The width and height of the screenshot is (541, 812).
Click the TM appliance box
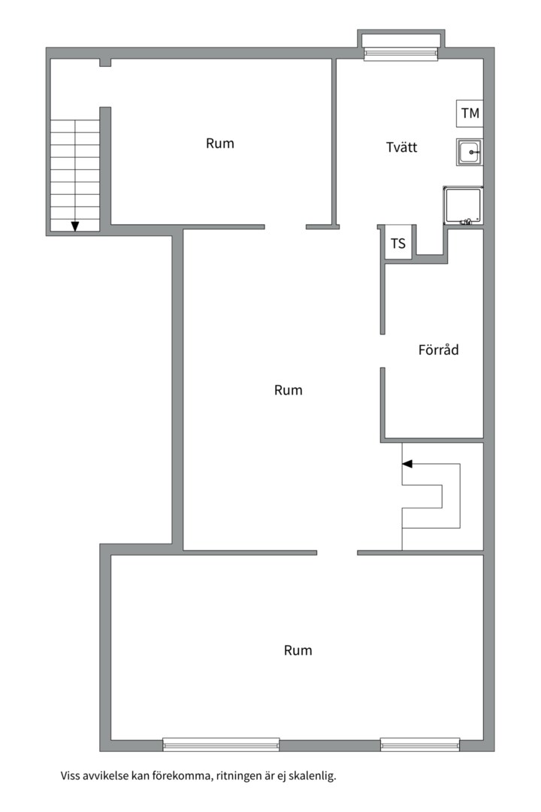tap(470, 114)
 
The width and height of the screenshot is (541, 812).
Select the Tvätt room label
tap(402, 147)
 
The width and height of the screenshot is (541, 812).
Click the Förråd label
tap(439, 350)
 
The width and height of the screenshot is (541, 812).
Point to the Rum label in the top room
tap(220, 144)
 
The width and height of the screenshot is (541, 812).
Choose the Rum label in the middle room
tap(289, 390)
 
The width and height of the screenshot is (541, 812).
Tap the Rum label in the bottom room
tap(298, 650)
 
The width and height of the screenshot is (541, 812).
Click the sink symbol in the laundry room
tap(469, 152)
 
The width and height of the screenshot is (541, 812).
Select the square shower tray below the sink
tap(463, 206)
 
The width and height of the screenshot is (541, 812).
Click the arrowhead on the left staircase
tap(75, 226)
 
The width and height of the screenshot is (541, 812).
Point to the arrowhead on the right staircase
tap(407, 464)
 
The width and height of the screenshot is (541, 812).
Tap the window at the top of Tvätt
tap(401, 54)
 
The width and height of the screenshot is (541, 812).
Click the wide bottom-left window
tap(221, 744)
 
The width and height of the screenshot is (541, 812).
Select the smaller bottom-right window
tap(420, 744)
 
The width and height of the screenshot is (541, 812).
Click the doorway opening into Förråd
tap(383, 350)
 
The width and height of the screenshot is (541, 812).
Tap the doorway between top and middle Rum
tap(286, 227)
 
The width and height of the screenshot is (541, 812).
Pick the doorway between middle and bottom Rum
tap(337, 553)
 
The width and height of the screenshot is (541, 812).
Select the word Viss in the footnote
tap(70, 776)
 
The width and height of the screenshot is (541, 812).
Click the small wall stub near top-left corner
tap(105, 62)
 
